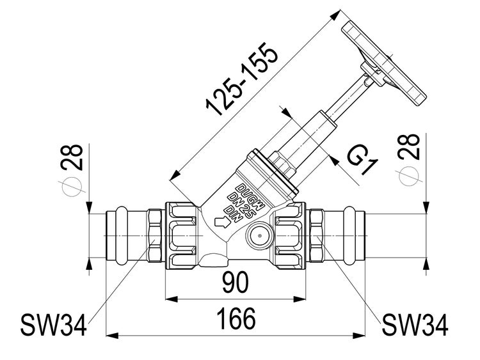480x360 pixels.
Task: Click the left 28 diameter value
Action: tap(74, 156)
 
